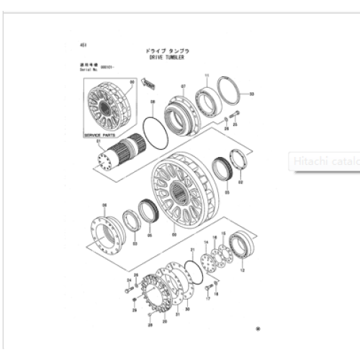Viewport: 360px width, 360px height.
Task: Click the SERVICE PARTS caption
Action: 98,135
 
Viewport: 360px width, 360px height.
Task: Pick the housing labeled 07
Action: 183,114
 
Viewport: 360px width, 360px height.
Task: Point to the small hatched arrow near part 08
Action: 150,86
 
